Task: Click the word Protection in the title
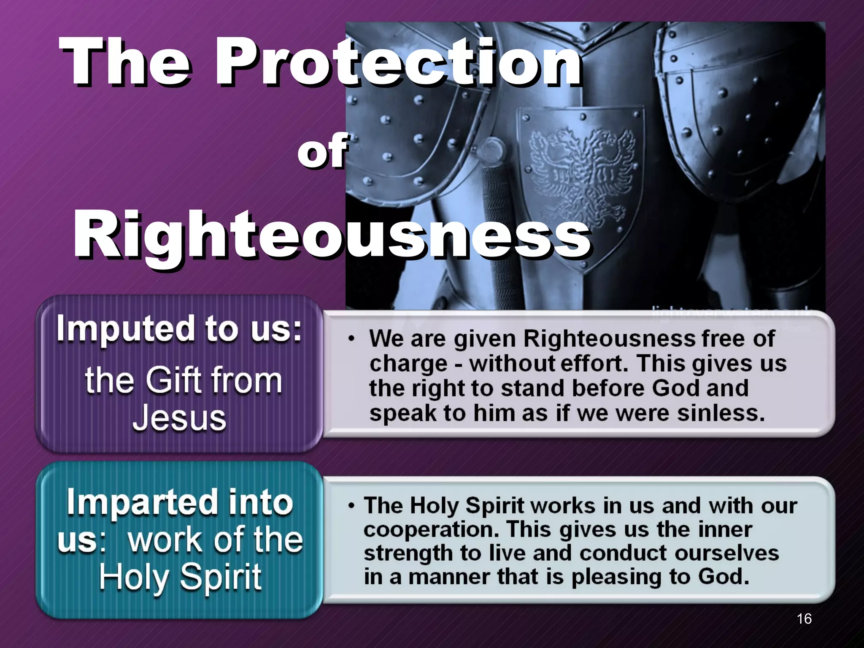pos(399,62)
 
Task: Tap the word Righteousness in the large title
pos(332,235)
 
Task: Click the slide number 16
pos(804,618)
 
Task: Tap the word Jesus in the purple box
pos(179,418)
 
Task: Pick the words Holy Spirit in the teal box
pos(180,577)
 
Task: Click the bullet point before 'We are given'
pos(351,339)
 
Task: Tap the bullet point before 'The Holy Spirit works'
pos(351,505)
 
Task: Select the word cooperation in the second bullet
pos(430,529)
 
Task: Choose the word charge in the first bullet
pos(408,364)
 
